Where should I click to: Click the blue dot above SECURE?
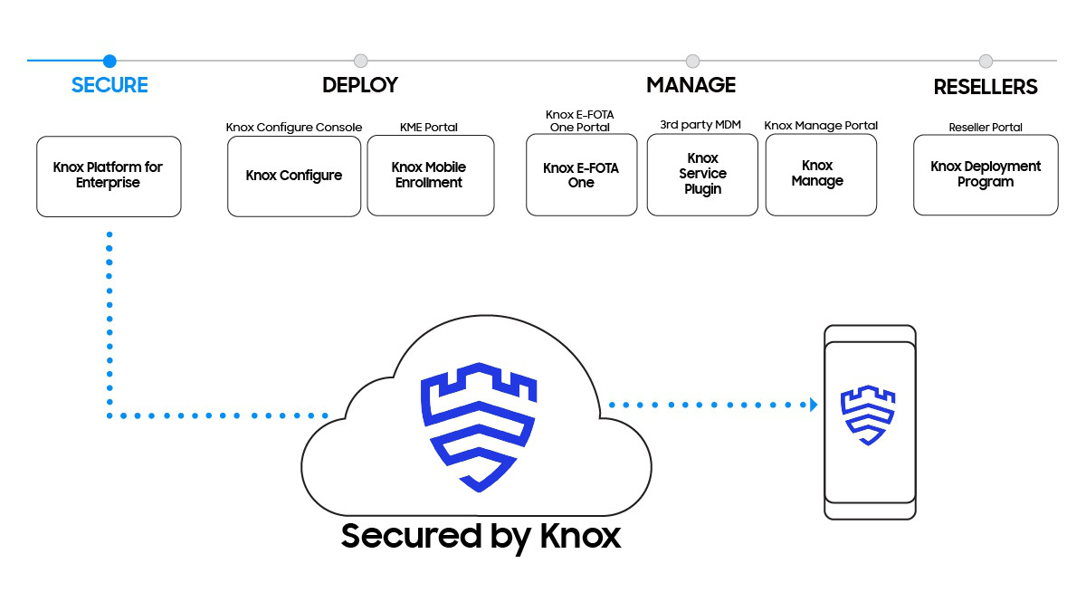click(110, 61)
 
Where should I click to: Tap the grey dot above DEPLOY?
click(360, 61)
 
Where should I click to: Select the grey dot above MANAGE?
click(692, 61)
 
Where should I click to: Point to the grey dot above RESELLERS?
click(986, 61)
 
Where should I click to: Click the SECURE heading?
click(110, 85)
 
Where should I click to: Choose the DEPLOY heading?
click(360, 85)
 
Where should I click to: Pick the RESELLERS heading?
click(986, 87)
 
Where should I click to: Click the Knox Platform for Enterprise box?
click(109, 176)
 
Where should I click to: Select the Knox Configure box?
click(294, 176)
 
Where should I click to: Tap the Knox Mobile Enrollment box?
click(430, 176)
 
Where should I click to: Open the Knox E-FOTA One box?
click(581, 176)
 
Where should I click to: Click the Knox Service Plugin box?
click(702, 174)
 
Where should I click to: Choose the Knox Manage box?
click(821, 174)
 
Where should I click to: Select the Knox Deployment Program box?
click(986, 175)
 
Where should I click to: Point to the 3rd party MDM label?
click(702, 125)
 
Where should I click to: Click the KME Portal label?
click(429, 128)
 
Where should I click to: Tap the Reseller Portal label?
click(986, 128)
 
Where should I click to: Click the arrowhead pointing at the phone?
click(813, 405)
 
